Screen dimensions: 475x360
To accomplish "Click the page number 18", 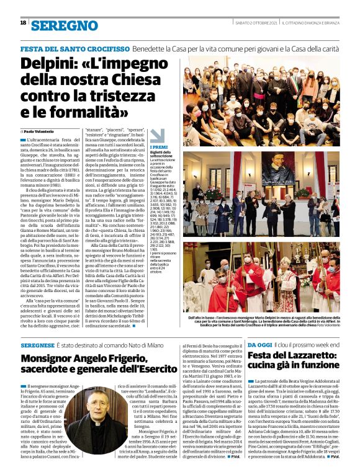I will click(x=23, y=22).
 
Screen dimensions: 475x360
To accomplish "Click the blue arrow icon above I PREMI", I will click(x=158, y=136).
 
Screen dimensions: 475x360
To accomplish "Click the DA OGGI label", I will click(x=260, y=344).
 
